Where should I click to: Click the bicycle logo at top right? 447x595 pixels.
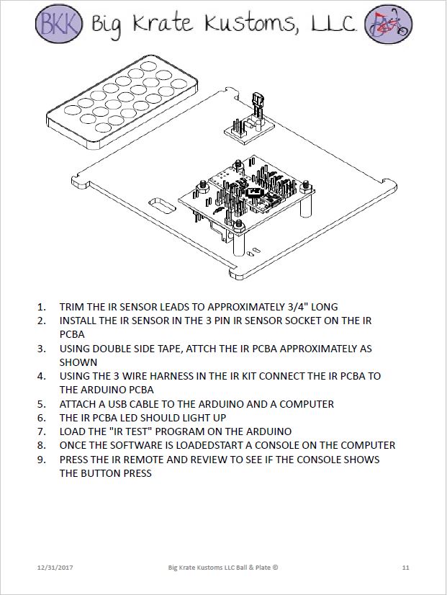click(x=388, y=22)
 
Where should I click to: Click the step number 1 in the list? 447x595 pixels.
click(x=41, y=307)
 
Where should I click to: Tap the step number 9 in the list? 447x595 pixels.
click(x=41, y=460)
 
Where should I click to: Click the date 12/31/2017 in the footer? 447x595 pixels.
click(x=55, y=568)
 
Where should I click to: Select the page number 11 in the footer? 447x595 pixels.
click(x=406, y=568)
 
